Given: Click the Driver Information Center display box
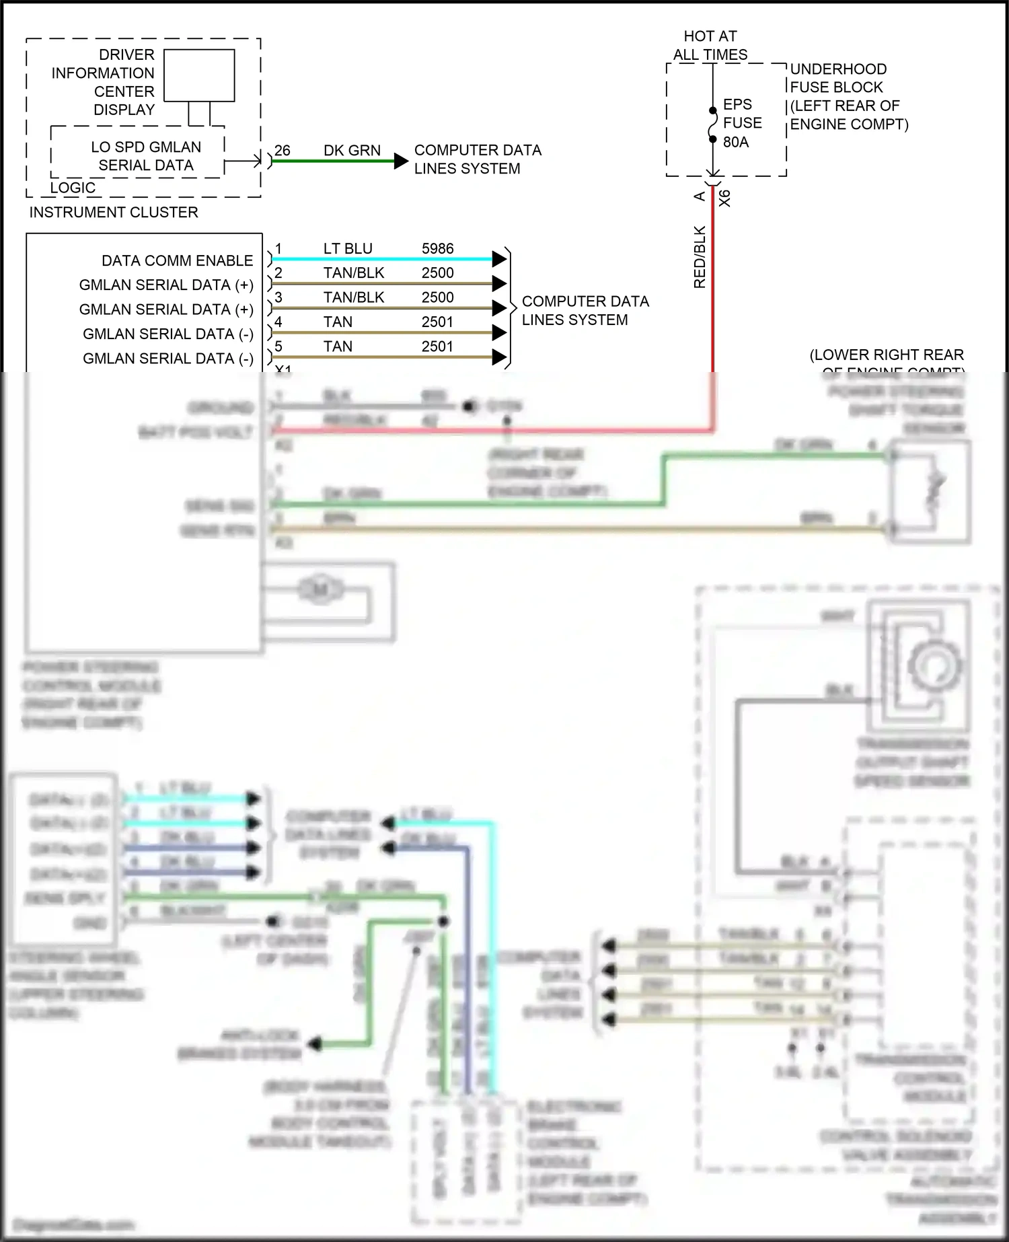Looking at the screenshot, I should click(x=199, y=75).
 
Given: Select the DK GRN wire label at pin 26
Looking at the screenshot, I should click(x=352, y=150).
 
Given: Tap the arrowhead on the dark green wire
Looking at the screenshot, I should click(x=401, y=161).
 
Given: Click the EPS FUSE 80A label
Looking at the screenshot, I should click(x=742, y=123).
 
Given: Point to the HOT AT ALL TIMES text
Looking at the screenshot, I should click(x=710, y=45).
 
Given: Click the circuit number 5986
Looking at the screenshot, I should click(x=437, y=248).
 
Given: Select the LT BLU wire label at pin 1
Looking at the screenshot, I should click(x=348, y=248).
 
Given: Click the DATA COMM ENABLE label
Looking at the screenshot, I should click(x=177, y=260).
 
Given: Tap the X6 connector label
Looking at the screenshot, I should click(x=724, y=198).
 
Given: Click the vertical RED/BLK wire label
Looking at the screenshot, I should click(x=700, y=257).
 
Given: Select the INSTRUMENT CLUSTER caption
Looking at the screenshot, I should click(x=114, y=212).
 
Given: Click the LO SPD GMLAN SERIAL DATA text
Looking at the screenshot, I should click(x=146, y=156).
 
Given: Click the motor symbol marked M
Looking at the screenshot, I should click(x=320, y=590).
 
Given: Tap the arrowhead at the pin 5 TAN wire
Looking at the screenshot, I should click(x=498, y=357).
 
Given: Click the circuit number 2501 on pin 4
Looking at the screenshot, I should click(x=437, y=322).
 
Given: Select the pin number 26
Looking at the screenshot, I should click(x=283, y=150).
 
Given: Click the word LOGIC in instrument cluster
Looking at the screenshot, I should click(x=73, y=188).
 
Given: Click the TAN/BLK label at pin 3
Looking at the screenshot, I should click(x=354, y=297).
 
